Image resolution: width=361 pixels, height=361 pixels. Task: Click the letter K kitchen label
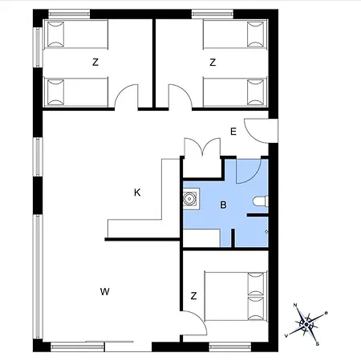tap(137, 193)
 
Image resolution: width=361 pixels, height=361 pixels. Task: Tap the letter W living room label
tap(105, 291)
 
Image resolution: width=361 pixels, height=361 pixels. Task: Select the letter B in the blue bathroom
tap(223, 205)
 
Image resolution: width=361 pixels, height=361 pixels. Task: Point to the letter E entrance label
tap(233, 132)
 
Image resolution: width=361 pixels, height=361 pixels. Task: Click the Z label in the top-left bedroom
tap(95, 63)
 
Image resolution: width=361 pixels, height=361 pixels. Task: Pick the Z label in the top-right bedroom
tap(213, 63)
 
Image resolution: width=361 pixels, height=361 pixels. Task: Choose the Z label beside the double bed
tap(194, 296)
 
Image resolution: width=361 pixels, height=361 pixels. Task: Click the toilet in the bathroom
tap(261, 201)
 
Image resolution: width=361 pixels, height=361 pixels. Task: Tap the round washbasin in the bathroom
tap(189, 199)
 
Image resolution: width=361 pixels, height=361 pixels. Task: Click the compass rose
tap(306, 324)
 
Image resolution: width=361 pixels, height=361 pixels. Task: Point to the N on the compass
tap(295, 305)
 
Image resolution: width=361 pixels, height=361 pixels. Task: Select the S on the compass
tap(318, 344)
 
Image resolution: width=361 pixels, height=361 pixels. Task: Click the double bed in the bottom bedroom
tap(236, 296)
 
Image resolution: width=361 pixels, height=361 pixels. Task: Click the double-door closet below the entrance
tap(202, 158)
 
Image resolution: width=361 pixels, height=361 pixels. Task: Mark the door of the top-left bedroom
tap(126, 97)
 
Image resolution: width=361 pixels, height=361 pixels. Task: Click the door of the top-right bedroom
tap(180, 97)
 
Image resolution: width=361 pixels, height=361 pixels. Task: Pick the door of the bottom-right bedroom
tap(194, 323)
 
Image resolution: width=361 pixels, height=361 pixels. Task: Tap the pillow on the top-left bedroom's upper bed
tap(55, 34)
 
